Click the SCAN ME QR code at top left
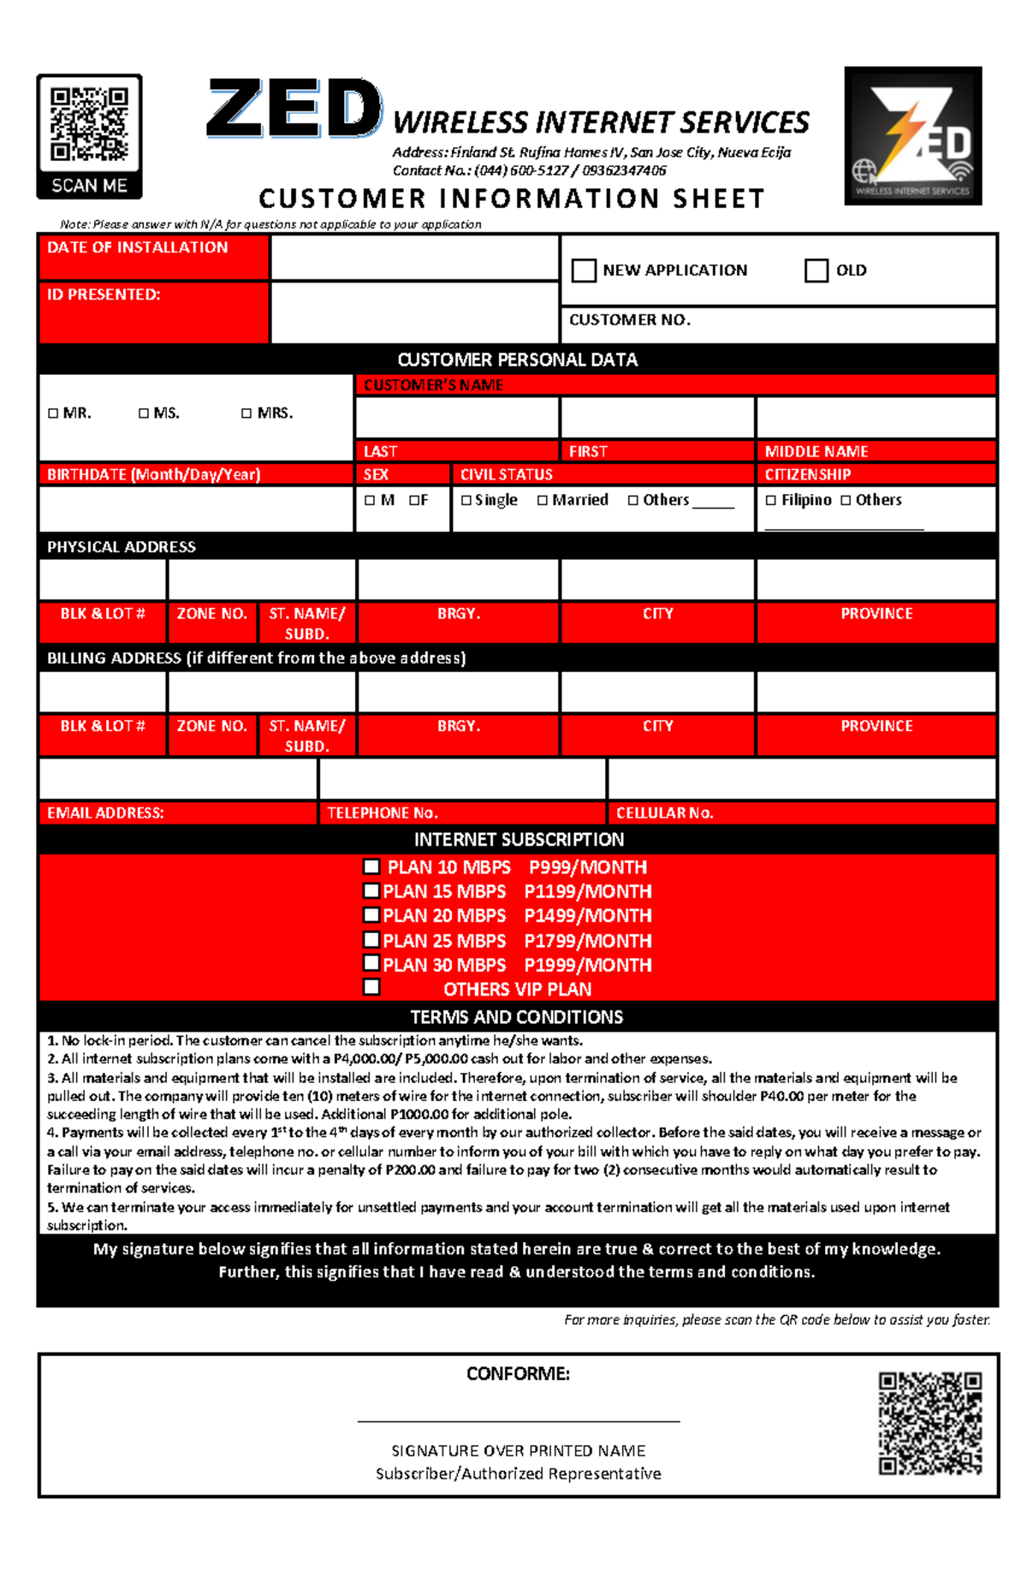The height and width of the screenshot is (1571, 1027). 89,125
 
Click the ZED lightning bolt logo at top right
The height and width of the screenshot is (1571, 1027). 912,135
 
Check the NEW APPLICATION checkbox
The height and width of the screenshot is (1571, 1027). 584,271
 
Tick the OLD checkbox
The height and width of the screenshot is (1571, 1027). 816,271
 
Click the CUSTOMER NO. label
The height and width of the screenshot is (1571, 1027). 630,319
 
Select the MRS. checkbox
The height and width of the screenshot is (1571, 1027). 246,414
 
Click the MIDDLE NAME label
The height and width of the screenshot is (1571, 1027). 816,451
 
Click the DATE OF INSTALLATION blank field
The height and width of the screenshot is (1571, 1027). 414,258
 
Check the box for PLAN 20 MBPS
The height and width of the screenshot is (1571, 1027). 371,915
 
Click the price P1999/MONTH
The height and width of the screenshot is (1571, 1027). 587,965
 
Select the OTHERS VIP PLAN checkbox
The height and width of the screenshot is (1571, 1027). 371,987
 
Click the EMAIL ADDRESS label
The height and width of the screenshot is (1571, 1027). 105,812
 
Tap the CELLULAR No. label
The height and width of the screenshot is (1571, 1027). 664,812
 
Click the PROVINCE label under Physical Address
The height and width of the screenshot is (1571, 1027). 876,614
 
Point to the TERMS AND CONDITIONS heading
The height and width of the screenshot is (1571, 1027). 516,1017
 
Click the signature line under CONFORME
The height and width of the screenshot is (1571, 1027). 518,1420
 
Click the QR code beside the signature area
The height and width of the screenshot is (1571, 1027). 929,1424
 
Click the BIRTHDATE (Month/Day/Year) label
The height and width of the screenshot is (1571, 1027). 153,474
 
